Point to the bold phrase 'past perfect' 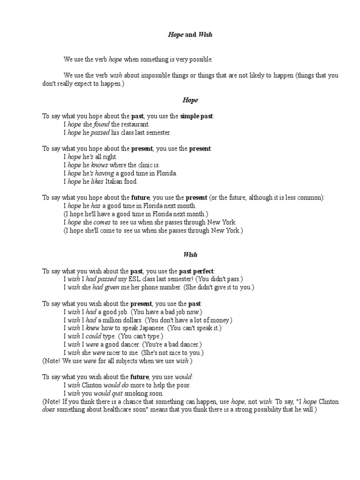(196, 271)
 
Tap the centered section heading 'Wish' (190, 255)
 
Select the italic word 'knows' (99, 165)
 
